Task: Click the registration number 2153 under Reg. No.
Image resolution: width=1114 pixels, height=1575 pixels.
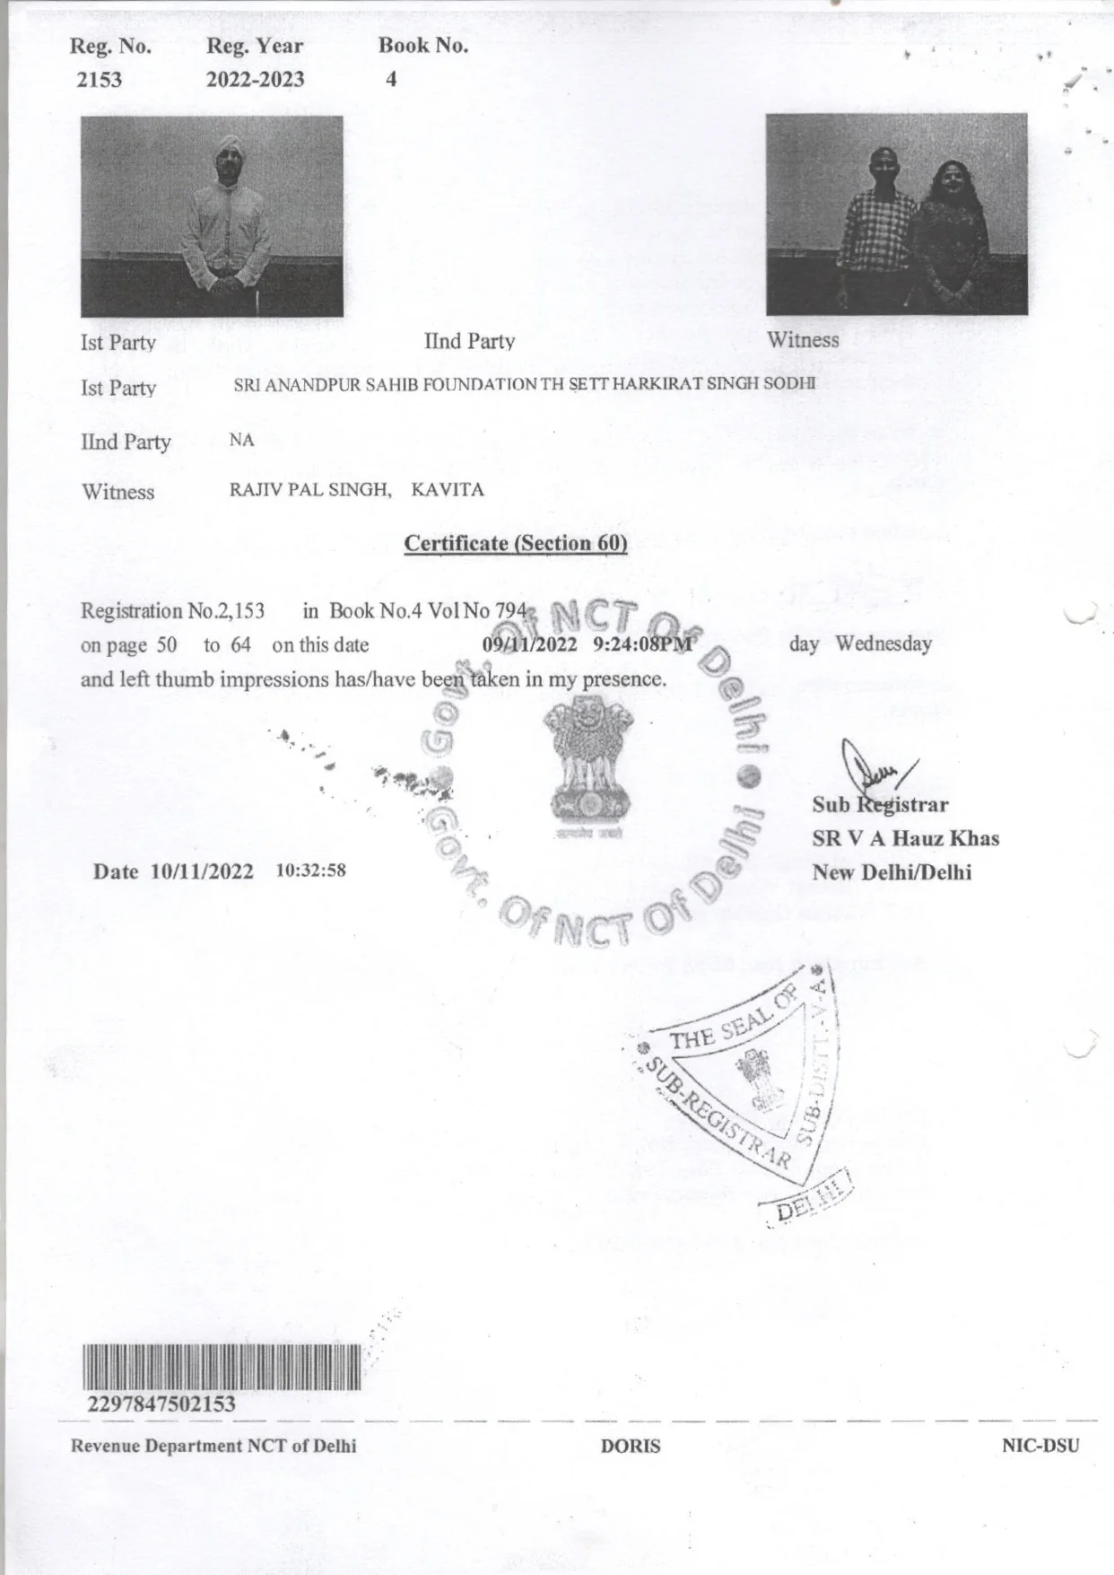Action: (x=99, y=80)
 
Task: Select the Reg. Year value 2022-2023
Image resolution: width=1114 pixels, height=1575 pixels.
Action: (x=255, y=80)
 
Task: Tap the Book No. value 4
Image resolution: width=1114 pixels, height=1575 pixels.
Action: (x=391, y=80)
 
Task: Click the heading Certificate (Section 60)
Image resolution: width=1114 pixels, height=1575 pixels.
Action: (x=515, y=543)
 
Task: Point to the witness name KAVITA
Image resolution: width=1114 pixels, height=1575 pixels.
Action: (x=448, y=490)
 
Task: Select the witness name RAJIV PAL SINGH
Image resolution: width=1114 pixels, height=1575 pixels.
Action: (x=310, y=490)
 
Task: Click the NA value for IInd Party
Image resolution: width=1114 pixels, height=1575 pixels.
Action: (x=241, y=441)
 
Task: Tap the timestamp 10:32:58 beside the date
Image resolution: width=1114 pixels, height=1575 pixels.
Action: (x=310, y=871)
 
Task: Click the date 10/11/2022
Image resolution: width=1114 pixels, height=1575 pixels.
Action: (x=202, y=871)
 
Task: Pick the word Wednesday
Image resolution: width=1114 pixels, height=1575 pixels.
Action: (x=883, y=644)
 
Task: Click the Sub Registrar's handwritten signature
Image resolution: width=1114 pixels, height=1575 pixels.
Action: (x=875, y=770)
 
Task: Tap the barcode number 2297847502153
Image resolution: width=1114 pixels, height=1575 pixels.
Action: (x=161, y=1403)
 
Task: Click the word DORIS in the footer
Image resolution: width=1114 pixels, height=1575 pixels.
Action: (x=631, y=1446)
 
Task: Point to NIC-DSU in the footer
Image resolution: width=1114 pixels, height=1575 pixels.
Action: (x=1040, y=1446)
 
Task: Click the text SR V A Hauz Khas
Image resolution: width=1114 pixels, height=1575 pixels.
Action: (x=905, y=839)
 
